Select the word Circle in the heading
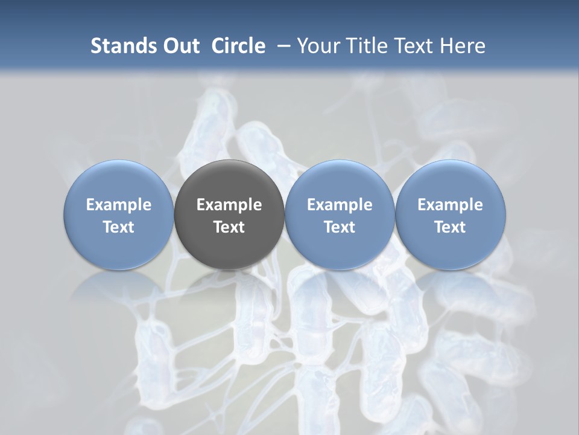(x=238, y=46)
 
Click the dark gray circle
(x=229, y=214)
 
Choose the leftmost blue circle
(x=118, y=214)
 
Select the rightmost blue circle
(x=450, y=214)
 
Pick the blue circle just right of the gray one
(x=340, y=214)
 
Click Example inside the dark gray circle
(x=229, y=205)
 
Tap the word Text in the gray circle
(x=229, y=227)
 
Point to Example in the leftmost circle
(x=118, y=205)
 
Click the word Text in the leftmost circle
(x=118, y=227)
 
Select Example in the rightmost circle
(x=450, y=205)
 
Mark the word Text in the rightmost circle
(x=450, y=227)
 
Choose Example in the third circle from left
(x=340, y=205)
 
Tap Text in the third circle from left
(x=340, y=227)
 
